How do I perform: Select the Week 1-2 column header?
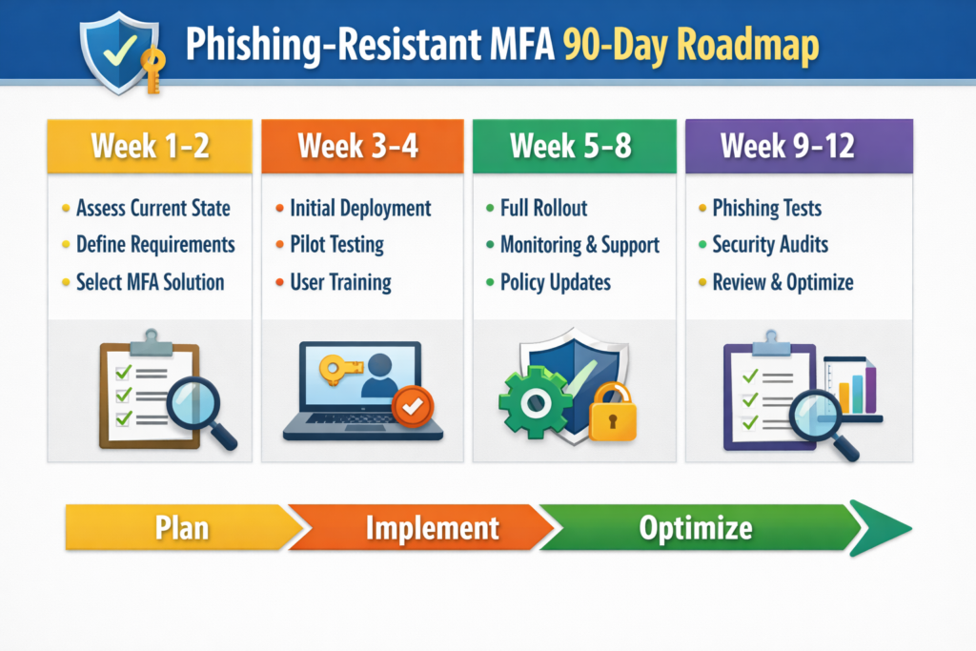tap(150, 146)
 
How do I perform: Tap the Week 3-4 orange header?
tap(361, 146)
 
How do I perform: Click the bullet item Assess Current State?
tap(152, 208)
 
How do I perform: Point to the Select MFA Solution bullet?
tap(150, 282)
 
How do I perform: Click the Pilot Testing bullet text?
tap(336, 245)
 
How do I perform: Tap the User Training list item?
tap(340, 282)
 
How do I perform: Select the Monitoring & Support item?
tap(579, 245)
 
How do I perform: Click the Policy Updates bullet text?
tap(555, 282)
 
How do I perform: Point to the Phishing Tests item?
tap(766, 208)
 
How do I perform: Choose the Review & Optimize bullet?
tap(783, 282)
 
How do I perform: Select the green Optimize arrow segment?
tap(696, 527)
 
